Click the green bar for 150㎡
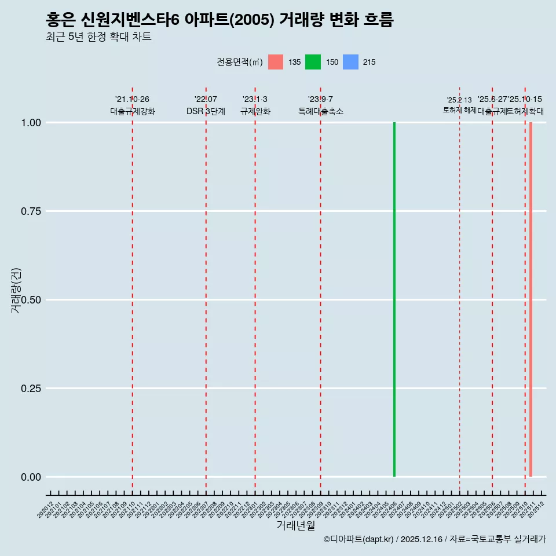tap(394, 299)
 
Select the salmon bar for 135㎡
tap(531, 299)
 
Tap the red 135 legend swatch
tap(276, 62)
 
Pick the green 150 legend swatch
tap(313, 62)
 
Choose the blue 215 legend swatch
tap(350, 62)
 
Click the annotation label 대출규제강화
tap(133, 111)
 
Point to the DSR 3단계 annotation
tap(206, 111)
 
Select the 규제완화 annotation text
tap(255, 111)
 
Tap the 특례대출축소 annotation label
tap(321, 111)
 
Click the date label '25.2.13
tap(459, 100)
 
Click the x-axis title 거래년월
tap(295, 526)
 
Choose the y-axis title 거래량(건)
tap(16, 291)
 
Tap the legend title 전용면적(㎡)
tap(240, 62)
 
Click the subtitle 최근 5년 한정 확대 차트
tap(98, 37)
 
